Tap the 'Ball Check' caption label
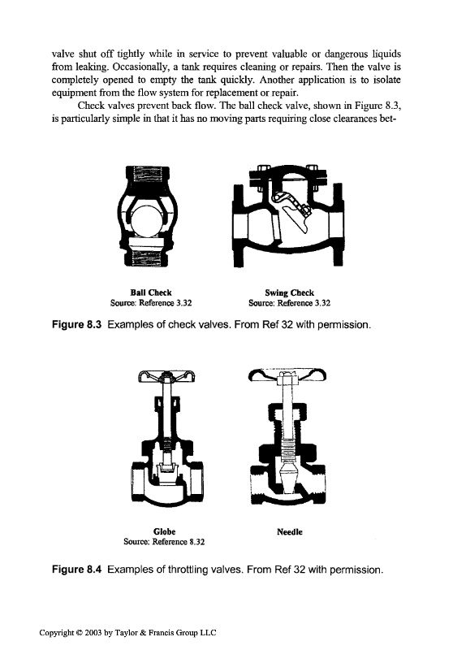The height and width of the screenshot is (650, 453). coord(151,292)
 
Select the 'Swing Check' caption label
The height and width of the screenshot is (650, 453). coord(290,292)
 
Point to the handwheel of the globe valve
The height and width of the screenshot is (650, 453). coord(166,376)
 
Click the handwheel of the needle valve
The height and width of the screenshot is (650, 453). coord(287,375)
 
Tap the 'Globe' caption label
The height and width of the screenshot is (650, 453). coord(164,532)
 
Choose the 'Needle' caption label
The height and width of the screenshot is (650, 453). coord(290,532)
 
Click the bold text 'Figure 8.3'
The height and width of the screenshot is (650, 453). coord(76,324)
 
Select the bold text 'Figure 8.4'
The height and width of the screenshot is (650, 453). coord(76,570)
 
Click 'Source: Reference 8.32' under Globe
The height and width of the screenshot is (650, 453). coord(164,542)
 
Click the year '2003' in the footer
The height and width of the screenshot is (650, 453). coord(93,633)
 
